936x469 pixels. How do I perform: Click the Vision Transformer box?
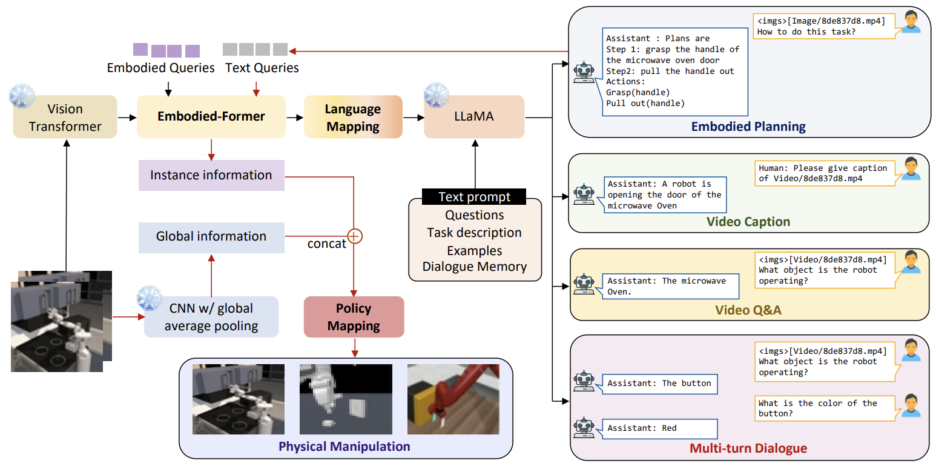[x=65, y=117]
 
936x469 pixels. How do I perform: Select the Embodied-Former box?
[x=211, y=116]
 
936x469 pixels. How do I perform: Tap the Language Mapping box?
[x=353, y=118]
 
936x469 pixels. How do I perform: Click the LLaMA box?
[x=474, y=116]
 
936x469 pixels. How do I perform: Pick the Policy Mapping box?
[x=354, y=317]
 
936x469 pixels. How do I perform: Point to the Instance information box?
[x=211, y=175]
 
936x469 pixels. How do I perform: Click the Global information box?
[x=211, y=236]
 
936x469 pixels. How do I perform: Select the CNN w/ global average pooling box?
[x=211, y=317]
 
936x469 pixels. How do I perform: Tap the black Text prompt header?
[x=474, y=197]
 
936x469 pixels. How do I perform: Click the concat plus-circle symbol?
[x=354, y=236]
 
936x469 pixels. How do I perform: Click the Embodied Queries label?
[x=160, y=68]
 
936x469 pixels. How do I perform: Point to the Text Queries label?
[x=262, y=68]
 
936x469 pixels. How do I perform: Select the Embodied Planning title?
[x=748, y=127]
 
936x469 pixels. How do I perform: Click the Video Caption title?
[x=748, y=222]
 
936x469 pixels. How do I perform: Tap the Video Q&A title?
[x=748, y=310]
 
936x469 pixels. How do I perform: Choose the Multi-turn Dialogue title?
[x=748, y=448]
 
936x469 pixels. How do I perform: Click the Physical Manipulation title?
[x=344, y=447]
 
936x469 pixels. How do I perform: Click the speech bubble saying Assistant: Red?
[x=659, y=428]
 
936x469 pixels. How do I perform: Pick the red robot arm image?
[x=453, y=399]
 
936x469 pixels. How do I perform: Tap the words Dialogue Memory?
[x=474, y=267]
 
